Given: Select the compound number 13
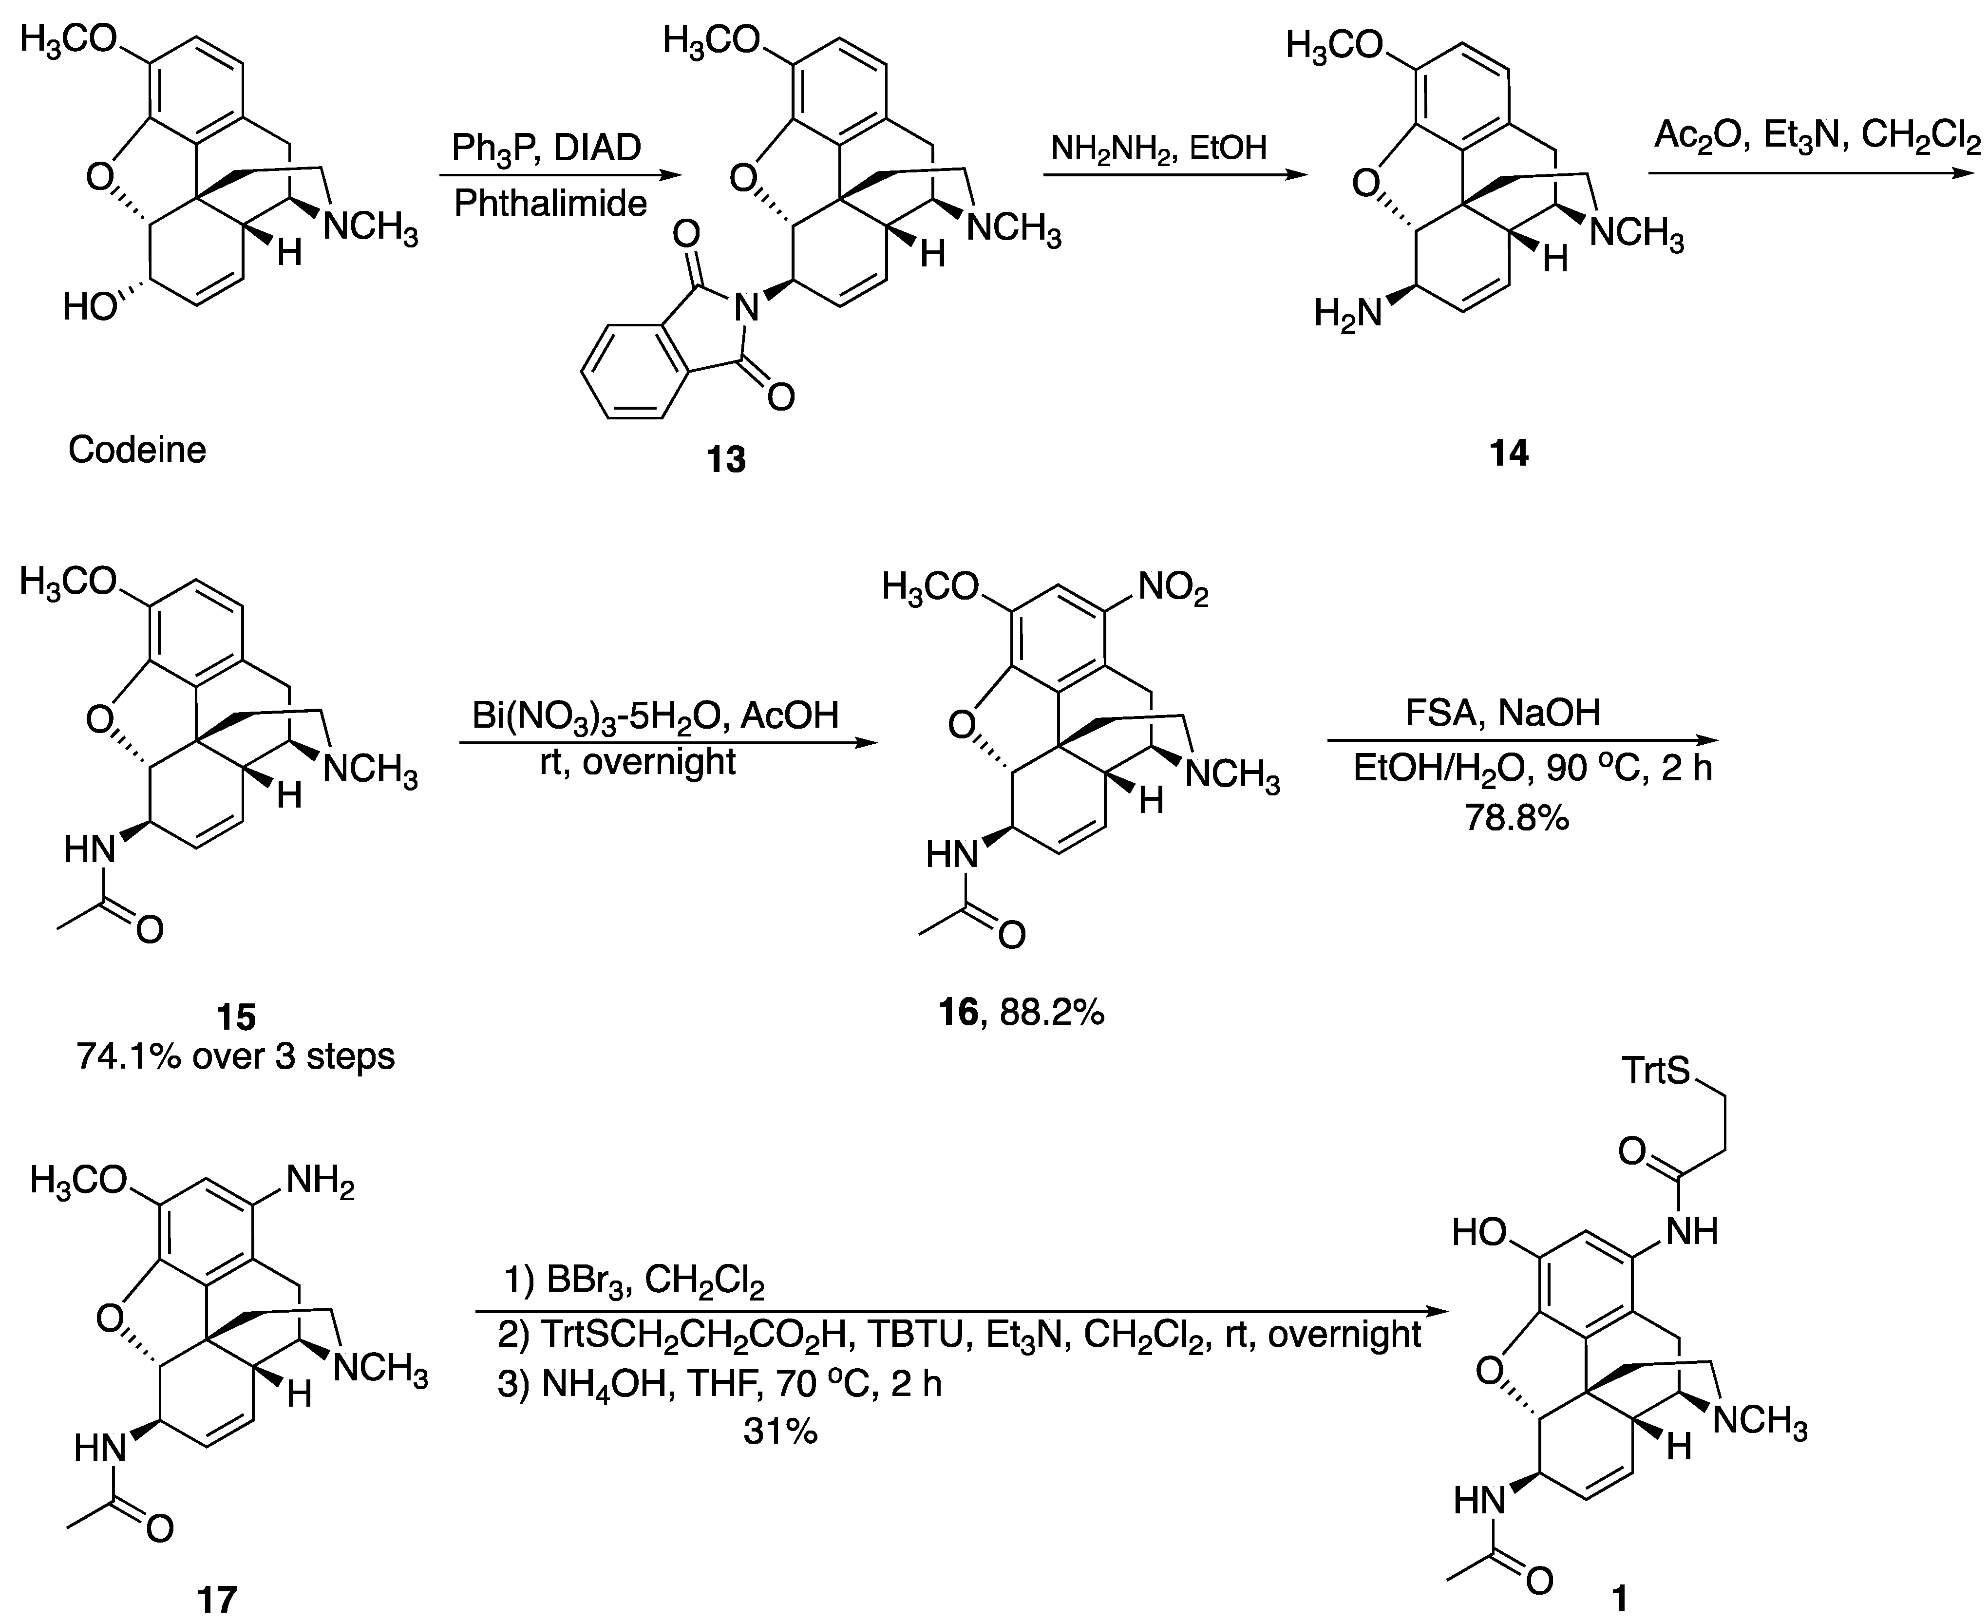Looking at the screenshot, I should pos(726,459).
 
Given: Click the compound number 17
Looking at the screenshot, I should pos(218,1600).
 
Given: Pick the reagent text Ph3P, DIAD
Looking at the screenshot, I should pos(546,148).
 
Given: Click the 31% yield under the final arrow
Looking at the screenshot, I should pos(780,1432).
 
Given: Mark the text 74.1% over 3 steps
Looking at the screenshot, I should pos(235,1056).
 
